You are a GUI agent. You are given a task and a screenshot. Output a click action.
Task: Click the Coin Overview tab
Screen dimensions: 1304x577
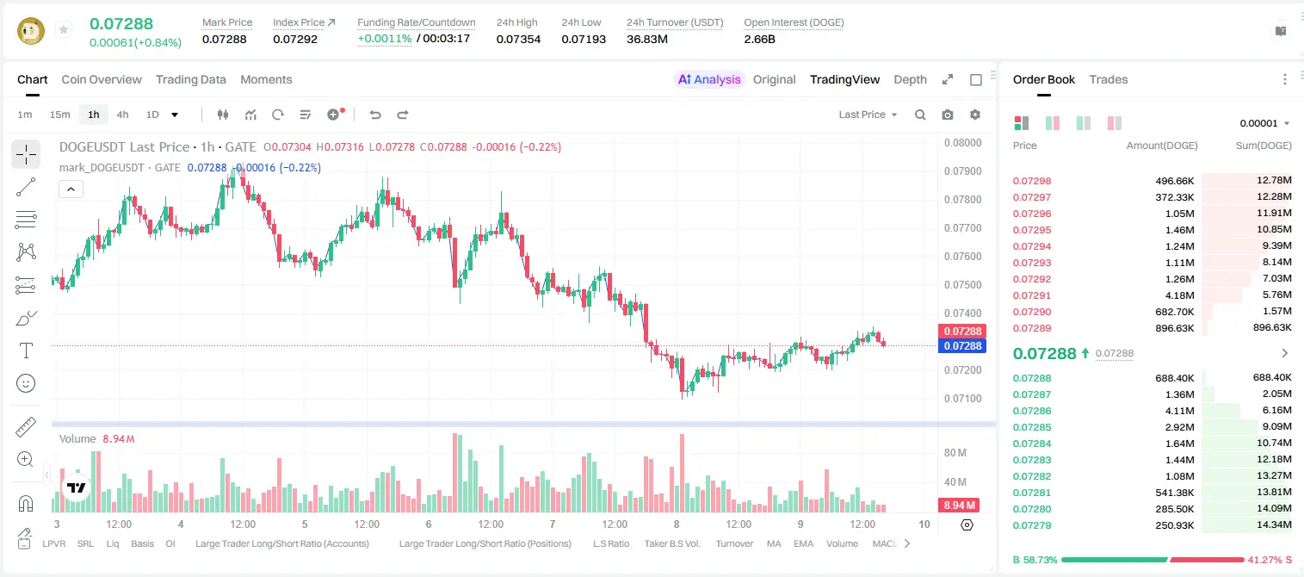click(102, 79)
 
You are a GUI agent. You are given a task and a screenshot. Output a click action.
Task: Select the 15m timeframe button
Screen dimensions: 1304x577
click(59, 115)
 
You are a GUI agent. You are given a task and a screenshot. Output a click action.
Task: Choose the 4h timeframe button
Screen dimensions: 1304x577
click(122, 115)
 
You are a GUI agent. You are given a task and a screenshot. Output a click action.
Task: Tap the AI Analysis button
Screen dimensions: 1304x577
click(709, 79)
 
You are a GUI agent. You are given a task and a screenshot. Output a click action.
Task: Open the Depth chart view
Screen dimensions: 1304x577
click(910, 79)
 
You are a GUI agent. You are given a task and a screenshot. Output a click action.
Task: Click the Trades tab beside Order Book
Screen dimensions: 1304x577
click(1109, 79)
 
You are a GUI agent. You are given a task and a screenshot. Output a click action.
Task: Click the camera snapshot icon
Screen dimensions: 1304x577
click(948, 115)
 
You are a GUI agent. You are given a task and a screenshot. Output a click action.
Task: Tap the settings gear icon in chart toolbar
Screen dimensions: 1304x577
click(975, 115)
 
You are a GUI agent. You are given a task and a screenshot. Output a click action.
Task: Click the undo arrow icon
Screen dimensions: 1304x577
click(375, 115)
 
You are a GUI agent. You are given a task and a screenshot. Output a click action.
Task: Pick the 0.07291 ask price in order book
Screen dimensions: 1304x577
click(1032, 295)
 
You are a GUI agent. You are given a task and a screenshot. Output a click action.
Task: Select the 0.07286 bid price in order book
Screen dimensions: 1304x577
click(1032, 411)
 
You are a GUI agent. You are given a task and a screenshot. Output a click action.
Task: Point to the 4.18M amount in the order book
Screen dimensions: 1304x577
click(1179, 295)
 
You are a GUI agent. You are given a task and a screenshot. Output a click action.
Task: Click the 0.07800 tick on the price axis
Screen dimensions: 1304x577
click(963, 200)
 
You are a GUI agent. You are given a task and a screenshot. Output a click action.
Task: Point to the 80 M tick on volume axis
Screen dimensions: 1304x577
click(955, 453)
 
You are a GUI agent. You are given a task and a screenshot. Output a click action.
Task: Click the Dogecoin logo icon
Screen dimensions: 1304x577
click(31, 31)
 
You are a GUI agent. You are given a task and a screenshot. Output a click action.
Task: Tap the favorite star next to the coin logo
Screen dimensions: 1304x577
click(64, 29)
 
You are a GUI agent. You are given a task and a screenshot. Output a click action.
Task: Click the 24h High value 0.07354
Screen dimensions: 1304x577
click(518, 39)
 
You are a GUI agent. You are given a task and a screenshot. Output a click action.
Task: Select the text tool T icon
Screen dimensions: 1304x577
click(26, 351)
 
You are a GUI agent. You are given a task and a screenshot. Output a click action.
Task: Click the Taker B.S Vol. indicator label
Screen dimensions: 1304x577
click(671, 543)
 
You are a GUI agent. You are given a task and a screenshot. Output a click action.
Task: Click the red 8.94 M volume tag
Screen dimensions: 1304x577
click(959, 506)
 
